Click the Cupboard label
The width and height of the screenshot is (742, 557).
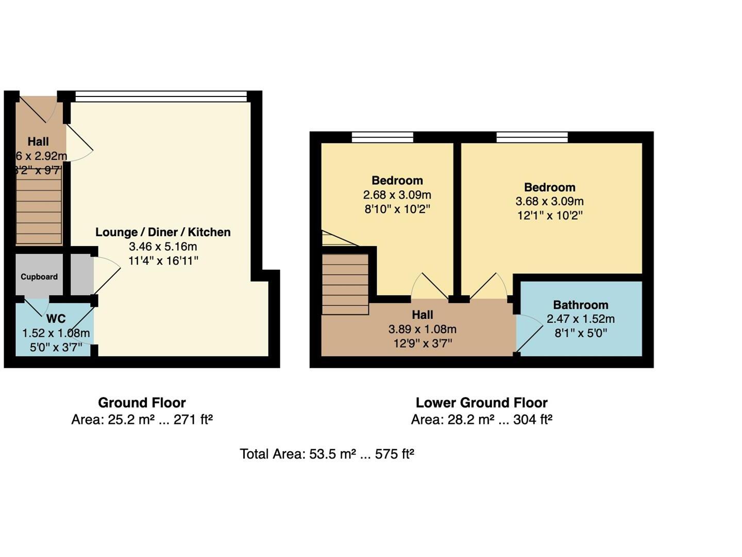[x=39, y=277]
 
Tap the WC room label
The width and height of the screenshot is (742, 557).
[x=56, y=319]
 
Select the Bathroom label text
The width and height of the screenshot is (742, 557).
[x=581, y=305]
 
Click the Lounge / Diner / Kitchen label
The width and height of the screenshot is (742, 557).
[x=163, y=232]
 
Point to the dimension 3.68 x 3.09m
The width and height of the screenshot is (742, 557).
[x=549, y=201]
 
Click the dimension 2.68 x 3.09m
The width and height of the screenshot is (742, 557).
[x=397, y=195]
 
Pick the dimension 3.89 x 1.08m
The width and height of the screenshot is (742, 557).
[x=422, y=329]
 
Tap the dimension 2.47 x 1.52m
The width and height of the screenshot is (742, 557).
[x=581, y=319]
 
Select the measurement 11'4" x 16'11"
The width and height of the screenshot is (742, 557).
[x=163, y=261]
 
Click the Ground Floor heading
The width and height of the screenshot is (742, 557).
[x=142, y=403]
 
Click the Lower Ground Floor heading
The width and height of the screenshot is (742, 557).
[x=481, y=403]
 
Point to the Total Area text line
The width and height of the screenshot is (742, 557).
[x=327, y=454]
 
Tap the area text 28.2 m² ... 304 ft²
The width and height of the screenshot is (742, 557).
[x=481, y=420]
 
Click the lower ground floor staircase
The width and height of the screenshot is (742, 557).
[x=345, y=284]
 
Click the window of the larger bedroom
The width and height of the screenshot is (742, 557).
[x=532, y=137]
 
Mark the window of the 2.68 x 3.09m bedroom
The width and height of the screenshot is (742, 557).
[x=382, y=137]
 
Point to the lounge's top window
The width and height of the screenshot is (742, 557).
[x=161, y=96]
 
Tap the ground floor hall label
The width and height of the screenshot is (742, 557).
[x=38, y=141]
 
